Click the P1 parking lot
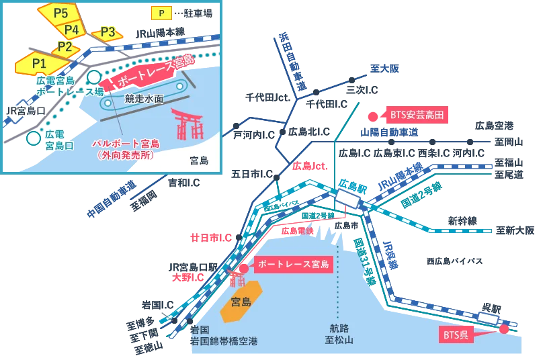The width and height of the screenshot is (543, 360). coord(38,63)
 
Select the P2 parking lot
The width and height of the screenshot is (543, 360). coord(65,46)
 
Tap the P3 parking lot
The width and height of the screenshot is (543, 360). coord(108,32)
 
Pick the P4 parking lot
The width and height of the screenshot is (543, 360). coord(72,30)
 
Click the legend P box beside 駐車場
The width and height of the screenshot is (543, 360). coord(161,13)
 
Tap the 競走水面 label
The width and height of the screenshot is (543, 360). coord(144,98)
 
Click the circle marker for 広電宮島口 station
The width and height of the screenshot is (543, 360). coord(33,138)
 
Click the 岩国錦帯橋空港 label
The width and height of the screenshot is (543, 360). coord(224,341)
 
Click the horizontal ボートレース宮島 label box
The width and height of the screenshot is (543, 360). coord(293,264)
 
